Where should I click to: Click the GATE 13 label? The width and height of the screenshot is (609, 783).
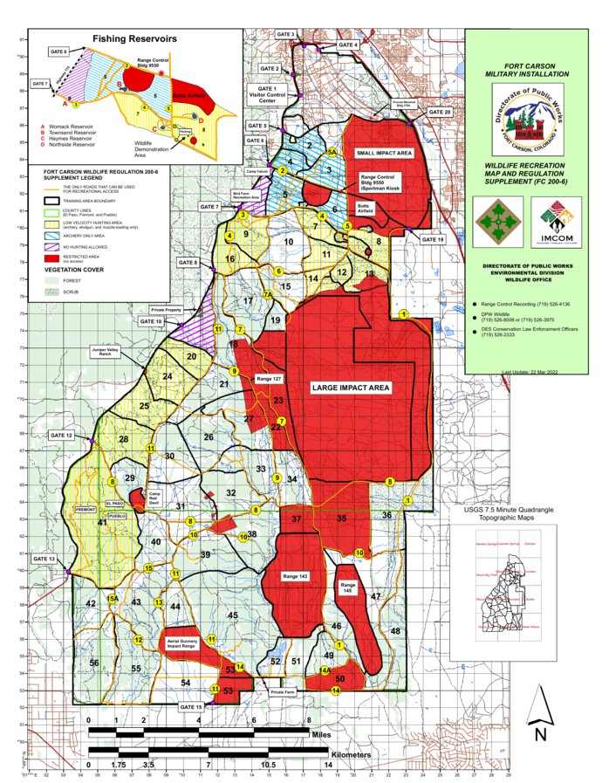[x=44, y=559]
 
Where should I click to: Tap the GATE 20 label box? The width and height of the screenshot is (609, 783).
[x=441, y=113]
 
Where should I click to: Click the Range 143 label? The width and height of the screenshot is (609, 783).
[x=296, y=577]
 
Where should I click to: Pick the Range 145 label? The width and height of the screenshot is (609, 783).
[x=349, y=587]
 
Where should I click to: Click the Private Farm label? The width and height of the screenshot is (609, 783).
[x=284, y=690]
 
